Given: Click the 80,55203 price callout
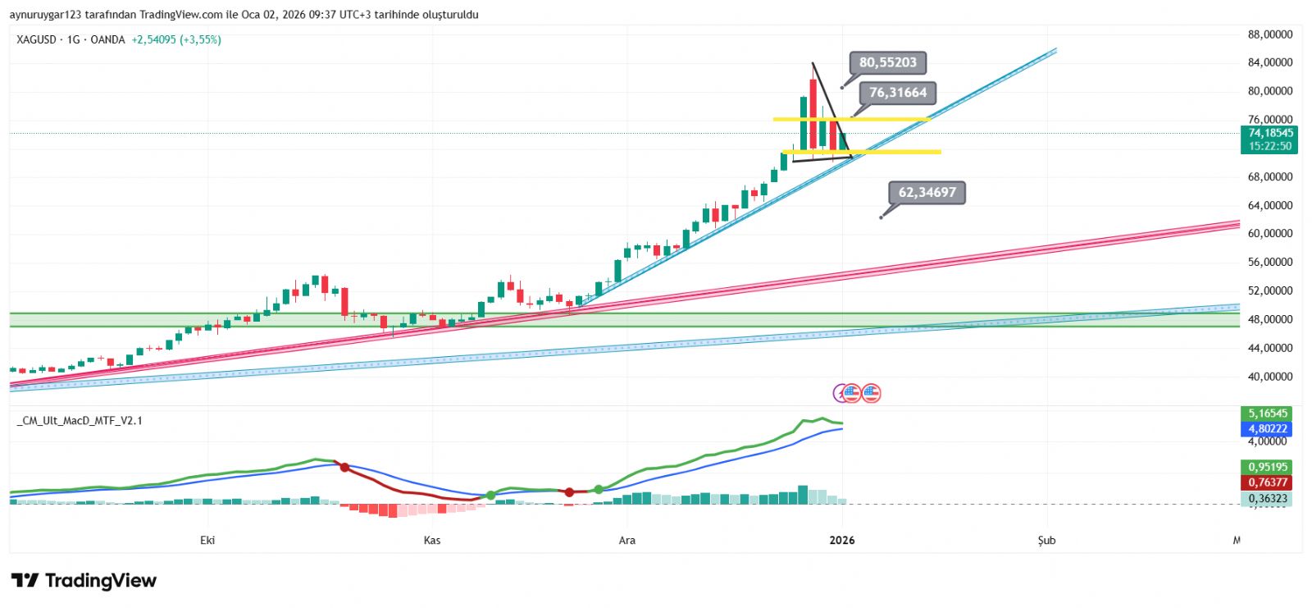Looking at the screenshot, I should point(888,62).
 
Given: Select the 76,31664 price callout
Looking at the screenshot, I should point(898,93).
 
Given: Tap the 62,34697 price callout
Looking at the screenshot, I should point(927,193).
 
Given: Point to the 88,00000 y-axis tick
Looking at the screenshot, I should point(1270,34).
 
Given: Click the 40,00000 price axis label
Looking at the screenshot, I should point(1270,377).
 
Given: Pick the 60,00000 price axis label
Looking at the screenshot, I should point(1270,234).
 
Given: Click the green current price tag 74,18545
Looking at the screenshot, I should point(1270,133).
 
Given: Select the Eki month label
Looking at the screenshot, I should point(207,540).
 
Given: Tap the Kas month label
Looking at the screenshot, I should point(432,540).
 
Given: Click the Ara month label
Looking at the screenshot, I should point(627,540).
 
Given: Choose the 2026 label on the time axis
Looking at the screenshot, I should point(842,540).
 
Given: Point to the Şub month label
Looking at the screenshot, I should point(1046,540).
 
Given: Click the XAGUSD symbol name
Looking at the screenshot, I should point(36,39).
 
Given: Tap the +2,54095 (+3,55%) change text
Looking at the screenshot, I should point(176,39).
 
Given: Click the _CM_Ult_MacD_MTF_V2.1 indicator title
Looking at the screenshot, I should point(80,421).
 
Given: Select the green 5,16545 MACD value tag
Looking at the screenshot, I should point(1268,414).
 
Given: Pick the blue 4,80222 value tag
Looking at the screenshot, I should point(1268,429).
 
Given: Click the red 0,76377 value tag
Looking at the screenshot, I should point(1268,482).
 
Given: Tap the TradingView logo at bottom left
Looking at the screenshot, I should point(84,581).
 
